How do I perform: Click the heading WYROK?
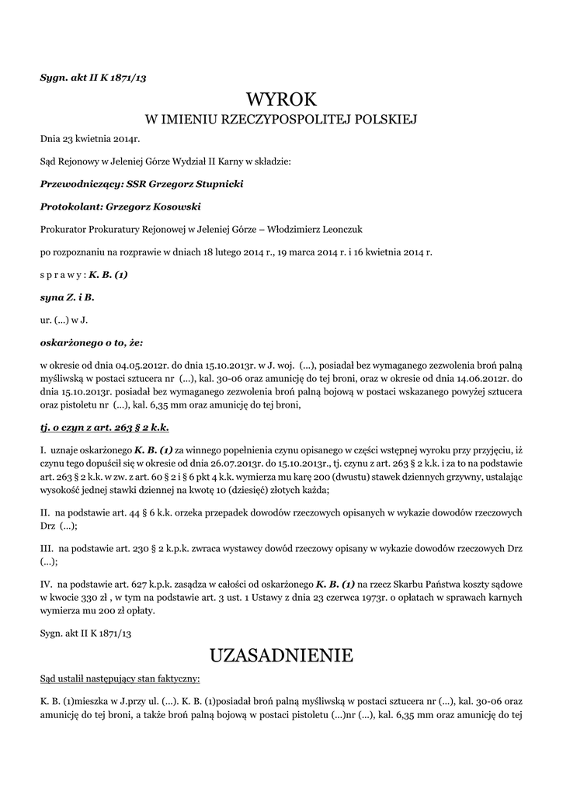[x=282, y=99]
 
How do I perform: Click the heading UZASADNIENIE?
[x=282, y=655]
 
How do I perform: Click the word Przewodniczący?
[x=75, y=185]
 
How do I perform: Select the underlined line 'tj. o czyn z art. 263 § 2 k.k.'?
[x=105, y=427]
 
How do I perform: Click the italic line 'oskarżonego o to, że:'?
[x=92, y=342]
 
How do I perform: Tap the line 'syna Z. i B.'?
[x=67, y=297]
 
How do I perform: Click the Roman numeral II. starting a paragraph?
[x=45, y=514]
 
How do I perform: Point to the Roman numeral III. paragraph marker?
[x=47, y=547]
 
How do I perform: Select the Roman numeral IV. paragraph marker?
[x=47, y=583]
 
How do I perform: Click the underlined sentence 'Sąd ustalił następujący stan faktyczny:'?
[x=120, y=679]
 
